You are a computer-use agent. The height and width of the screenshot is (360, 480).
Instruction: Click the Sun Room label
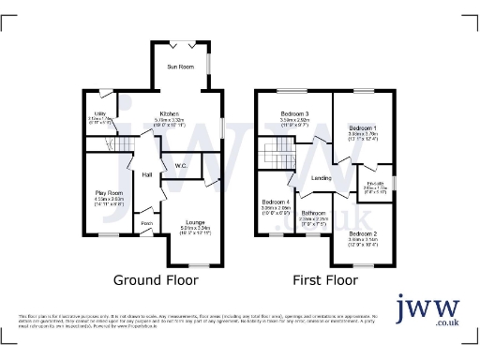coord(181,67)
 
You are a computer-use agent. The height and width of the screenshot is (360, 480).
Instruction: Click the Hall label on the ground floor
coord(147,174)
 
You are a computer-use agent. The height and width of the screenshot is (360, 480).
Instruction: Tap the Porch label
coord(147,223)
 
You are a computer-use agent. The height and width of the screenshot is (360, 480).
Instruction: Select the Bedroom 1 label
coord(363,127)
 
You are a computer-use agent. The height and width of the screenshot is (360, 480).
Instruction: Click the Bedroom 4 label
coord(276,202)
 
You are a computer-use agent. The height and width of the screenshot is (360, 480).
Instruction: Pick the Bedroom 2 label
coord(362,234)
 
